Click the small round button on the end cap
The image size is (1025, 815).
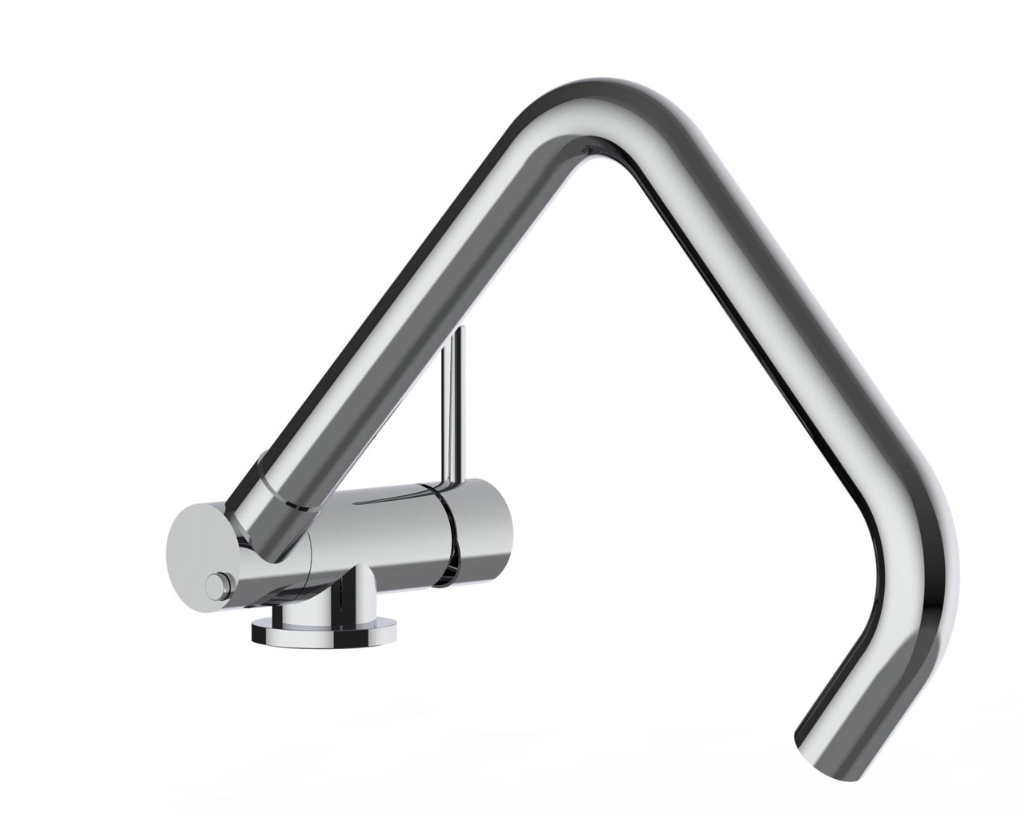point(215,586)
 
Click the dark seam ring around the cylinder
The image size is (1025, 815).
point(448,533)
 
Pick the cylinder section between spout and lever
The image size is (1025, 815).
point(376,529)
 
